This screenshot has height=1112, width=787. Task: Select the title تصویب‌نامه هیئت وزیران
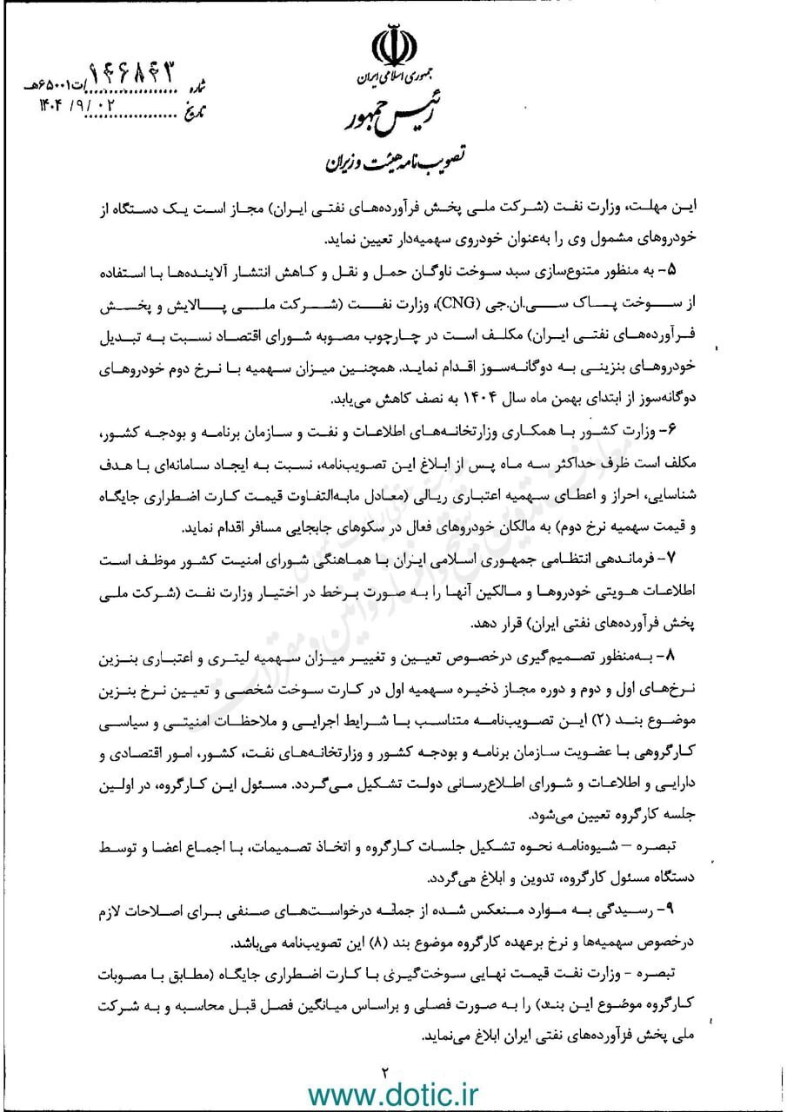click(x=394, y=162)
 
